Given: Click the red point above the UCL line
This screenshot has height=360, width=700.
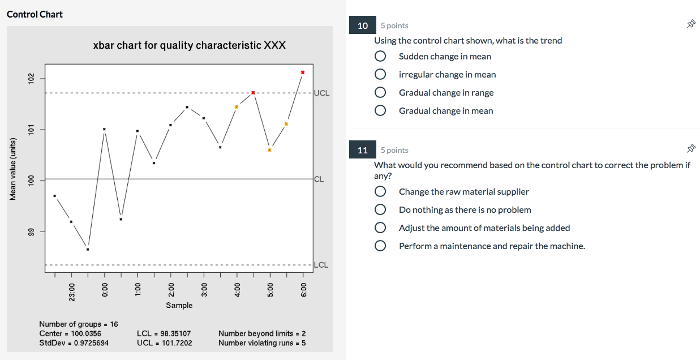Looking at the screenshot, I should (303, 72).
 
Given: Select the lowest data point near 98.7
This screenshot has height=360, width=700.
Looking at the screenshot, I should (88, 249).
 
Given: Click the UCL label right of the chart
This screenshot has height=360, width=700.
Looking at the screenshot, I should (321, 93).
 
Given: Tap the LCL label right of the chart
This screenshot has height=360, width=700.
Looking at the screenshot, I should (321, 265).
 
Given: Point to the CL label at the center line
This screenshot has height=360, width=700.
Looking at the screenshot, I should (319, 179).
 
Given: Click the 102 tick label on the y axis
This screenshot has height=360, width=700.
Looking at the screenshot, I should (32, 78).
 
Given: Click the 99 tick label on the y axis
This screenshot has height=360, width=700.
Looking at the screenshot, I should (32, 232).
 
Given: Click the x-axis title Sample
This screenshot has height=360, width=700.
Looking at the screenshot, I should (179, 306).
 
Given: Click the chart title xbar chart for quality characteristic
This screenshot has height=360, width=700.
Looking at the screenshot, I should (189, 45).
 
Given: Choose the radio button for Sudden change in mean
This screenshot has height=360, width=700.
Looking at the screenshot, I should (381, 57).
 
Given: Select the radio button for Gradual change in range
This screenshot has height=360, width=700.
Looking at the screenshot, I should (381, 93).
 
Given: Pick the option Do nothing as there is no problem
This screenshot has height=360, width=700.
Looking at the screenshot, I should (465, 210).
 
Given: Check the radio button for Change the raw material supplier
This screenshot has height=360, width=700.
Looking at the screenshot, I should (381, 192).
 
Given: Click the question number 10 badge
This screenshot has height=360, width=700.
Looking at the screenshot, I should (363, 25).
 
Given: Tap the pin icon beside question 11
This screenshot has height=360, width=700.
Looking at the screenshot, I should (690, 149).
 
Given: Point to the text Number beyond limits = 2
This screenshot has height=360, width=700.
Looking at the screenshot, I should (262, 334).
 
